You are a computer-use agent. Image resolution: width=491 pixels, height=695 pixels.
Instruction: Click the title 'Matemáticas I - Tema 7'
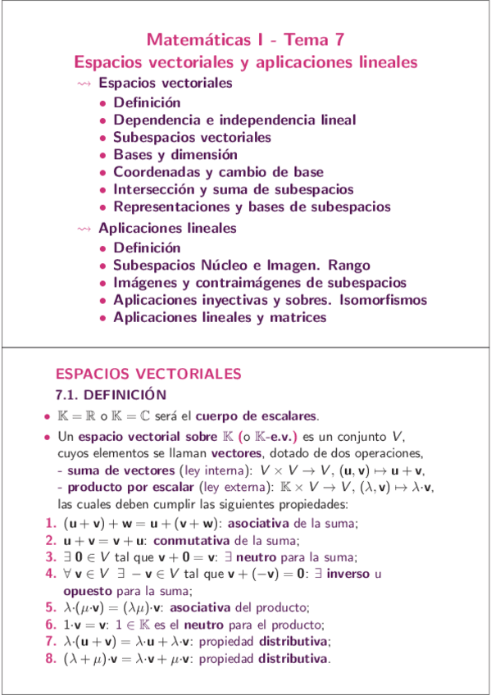[245, 39]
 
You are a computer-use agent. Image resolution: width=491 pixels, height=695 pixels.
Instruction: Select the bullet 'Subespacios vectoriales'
[192, 137]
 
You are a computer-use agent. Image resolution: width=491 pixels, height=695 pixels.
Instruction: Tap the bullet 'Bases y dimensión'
[175, 154]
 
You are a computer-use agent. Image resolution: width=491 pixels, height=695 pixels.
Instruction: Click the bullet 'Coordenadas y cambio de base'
[218, 172]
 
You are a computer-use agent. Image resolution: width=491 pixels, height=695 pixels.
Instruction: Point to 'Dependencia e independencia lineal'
[234, 120]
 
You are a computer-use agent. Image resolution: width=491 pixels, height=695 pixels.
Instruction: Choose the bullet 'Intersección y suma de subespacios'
[234, 189]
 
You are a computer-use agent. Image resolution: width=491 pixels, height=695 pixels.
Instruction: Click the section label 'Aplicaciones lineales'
[167, 227]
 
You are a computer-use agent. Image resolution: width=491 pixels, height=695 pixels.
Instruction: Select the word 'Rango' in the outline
[349, 266]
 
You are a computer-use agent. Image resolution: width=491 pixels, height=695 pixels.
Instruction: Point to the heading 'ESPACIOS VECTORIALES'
[148, 374]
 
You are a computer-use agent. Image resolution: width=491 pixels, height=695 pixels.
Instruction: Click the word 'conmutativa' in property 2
[193, 539]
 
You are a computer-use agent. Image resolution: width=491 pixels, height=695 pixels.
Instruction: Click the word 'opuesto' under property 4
[87, 590]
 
